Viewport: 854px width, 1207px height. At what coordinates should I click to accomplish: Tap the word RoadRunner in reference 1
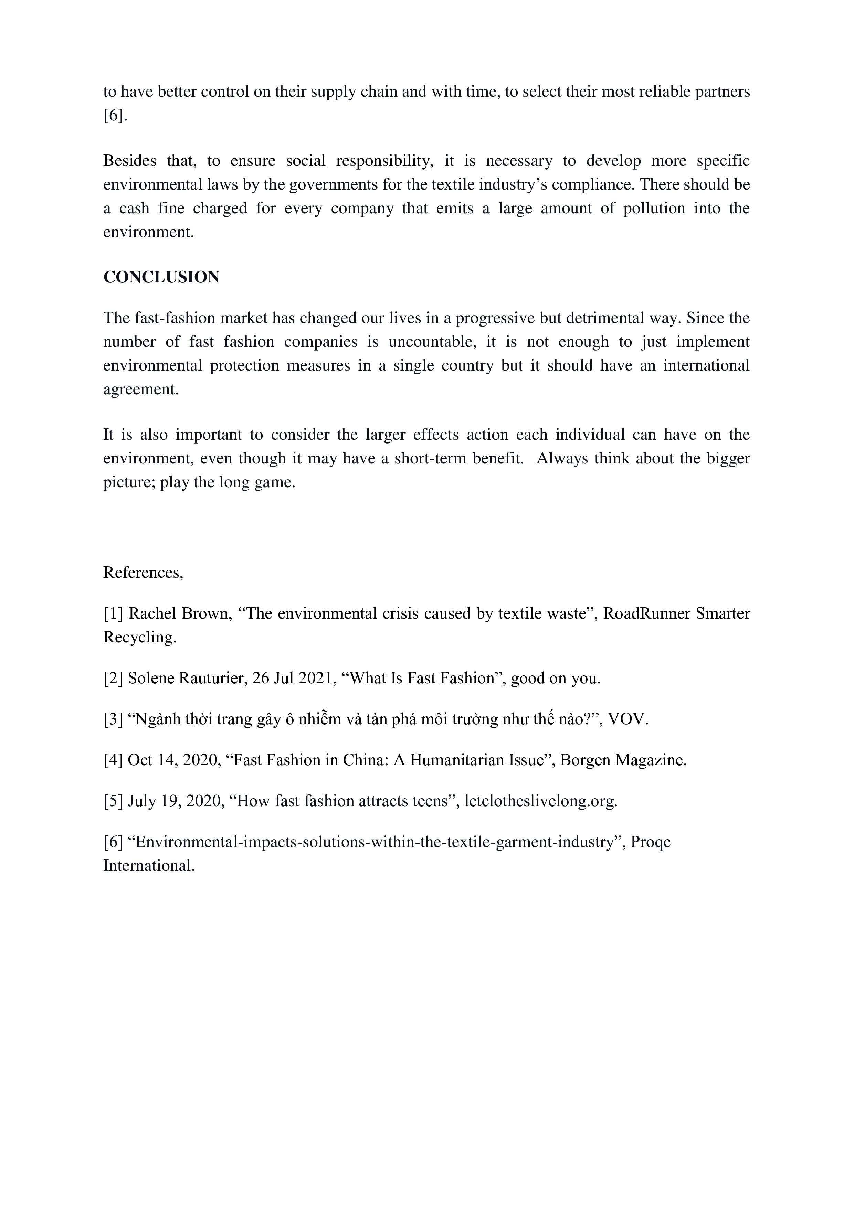point(646,613)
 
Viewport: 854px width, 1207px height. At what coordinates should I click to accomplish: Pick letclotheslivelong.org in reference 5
point(540,801)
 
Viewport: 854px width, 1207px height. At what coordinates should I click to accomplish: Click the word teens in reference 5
point(429,801)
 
